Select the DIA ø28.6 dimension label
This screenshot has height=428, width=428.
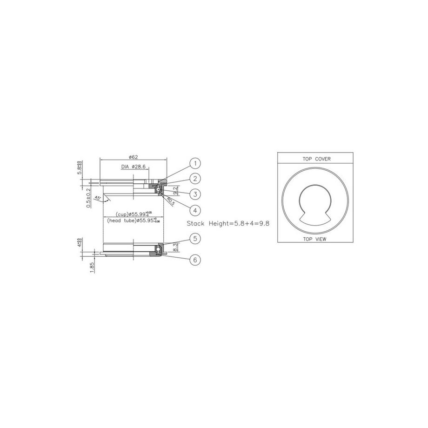(135, 167)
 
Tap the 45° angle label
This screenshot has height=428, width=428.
(98, 198)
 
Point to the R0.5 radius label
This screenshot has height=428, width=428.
(171, 201)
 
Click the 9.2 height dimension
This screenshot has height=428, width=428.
(175, 190)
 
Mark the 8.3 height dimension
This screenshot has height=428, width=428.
(175, 247)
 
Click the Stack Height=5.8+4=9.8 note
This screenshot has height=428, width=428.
(228, 223)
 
